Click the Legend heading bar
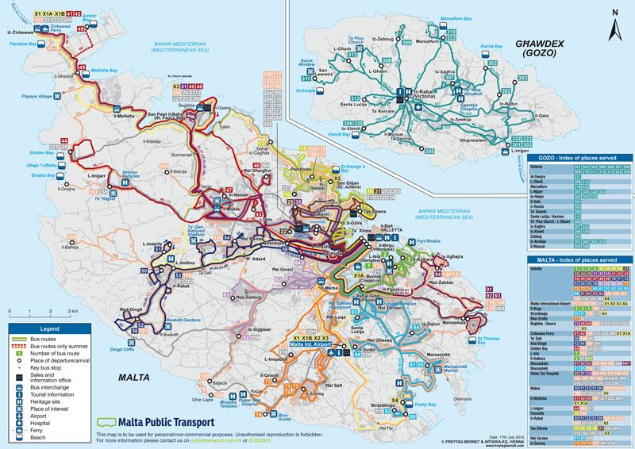[49, 328]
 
